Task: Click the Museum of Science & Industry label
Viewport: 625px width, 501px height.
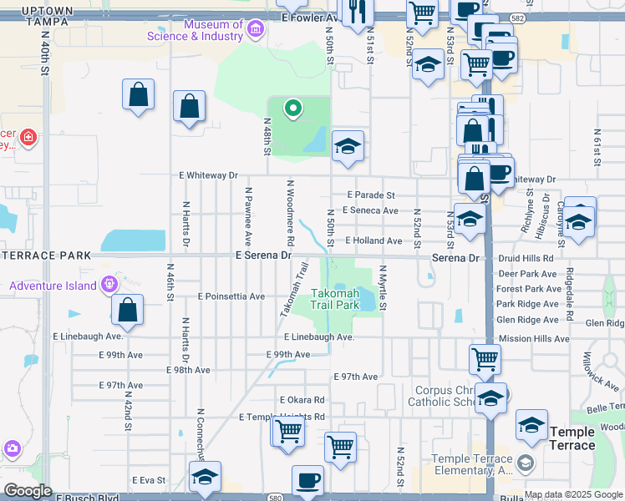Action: (195, 30)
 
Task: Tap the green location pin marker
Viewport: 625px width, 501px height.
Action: (292, 108)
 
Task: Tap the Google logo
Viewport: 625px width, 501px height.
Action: (28, 491)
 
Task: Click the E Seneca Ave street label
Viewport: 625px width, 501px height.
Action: (369, 210)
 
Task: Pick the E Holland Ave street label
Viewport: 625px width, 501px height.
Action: (373, 240)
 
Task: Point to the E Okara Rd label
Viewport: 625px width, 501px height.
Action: (302, 401)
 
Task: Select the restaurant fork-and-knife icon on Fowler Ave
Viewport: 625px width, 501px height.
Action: (358, 12)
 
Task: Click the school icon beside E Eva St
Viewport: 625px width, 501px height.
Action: (205, 477)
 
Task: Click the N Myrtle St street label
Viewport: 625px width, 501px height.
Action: (383, 288)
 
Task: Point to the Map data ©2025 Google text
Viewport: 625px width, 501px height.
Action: (573, 494)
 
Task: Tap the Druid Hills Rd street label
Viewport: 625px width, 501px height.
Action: (524, 258)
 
